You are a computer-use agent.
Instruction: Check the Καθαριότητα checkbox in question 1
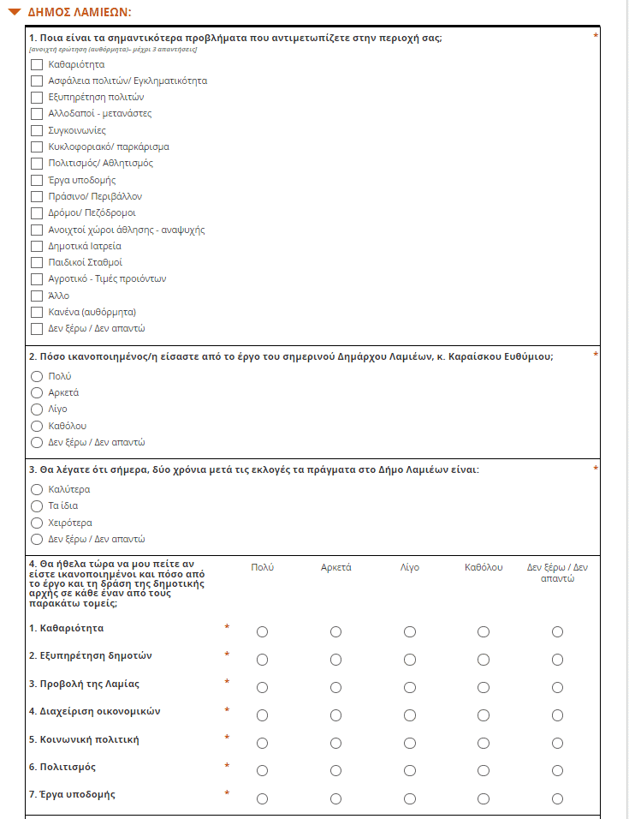36,64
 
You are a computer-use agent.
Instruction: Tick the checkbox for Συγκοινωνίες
36,130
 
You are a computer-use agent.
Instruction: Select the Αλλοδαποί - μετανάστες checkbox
36,114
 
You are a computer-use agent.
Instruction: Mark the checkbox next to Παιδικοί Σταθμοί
36,262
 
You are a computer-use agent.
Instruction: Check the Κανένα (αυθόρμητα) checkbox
36,312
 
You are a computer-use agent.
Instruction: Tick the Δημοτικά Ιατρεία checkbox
36,246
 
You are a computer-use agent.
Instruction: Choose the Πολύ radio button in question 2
36,376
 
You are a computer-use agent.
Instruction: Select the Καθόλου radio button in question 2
36,426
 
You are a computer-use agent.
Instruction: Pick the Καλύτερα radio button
36,489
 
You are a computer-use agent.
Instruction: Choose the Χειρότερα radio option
36,523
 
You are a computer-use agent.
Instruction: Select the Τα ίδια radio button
36,505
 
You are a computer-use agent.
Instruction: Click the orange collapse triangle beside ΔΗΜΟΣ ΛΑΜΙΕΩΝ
14,13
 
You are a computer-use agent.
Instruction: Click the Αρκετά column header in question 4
336,567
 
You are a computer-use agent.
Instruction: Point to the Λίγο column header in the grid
410,567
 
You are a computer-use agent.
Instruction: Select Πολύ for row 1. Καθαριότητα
262,632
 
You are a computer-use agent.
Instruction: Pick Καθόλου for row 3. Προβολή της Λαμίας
484,687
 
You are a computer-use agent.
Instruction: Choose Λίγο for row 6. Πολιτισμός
410,770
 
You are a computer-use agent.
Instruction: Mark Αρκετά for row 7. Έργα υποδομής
336,798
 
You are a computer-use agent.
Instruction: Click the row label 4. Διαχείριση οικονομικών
94,711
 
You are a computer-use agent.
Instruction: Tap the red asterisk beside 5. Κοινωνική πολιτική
227,738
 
